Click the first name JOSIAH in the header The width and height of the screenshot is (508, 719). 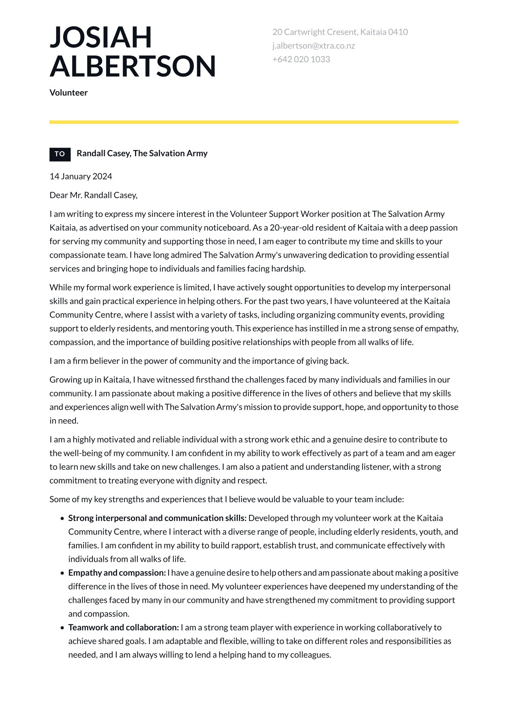point(101,37)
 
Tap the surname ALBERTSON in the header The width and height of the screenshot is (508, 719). point(133,66)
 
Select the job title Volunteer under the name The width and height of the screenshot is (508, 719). point(68,93)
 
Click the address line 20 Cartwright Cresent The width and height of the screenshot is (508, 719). point(340,32)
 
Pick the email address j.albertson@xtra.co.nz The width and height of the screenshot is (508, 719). point(313,46)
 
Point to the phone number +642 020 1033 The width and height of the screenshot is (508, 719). point(301,59)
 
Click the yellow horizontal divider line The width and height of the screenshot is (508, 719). point(254,122)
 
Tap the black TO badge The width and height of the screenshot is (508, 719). point(60,154)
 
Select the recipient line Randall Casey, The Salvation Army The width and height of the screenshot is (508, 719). point(142,153)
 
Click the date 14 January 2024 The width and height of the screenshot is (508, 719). point(81,176)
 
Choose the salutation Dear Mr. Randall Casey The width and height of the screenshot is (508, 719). point(93,195)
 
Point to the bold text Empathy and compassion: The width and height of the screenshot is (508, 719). point(117,573)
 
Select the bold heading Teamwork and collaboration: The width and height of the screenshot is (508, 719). point(123,628)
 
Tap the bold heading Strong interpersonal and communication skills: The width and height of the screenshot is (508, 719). point(157,518)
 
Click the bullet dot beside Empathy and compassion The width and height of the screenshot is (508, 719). point(62,573)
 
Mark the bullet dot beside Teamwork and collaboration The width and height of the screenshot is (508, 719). point(62,628)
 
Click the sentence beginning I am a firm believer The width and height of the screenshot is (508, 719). point(199,361)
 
